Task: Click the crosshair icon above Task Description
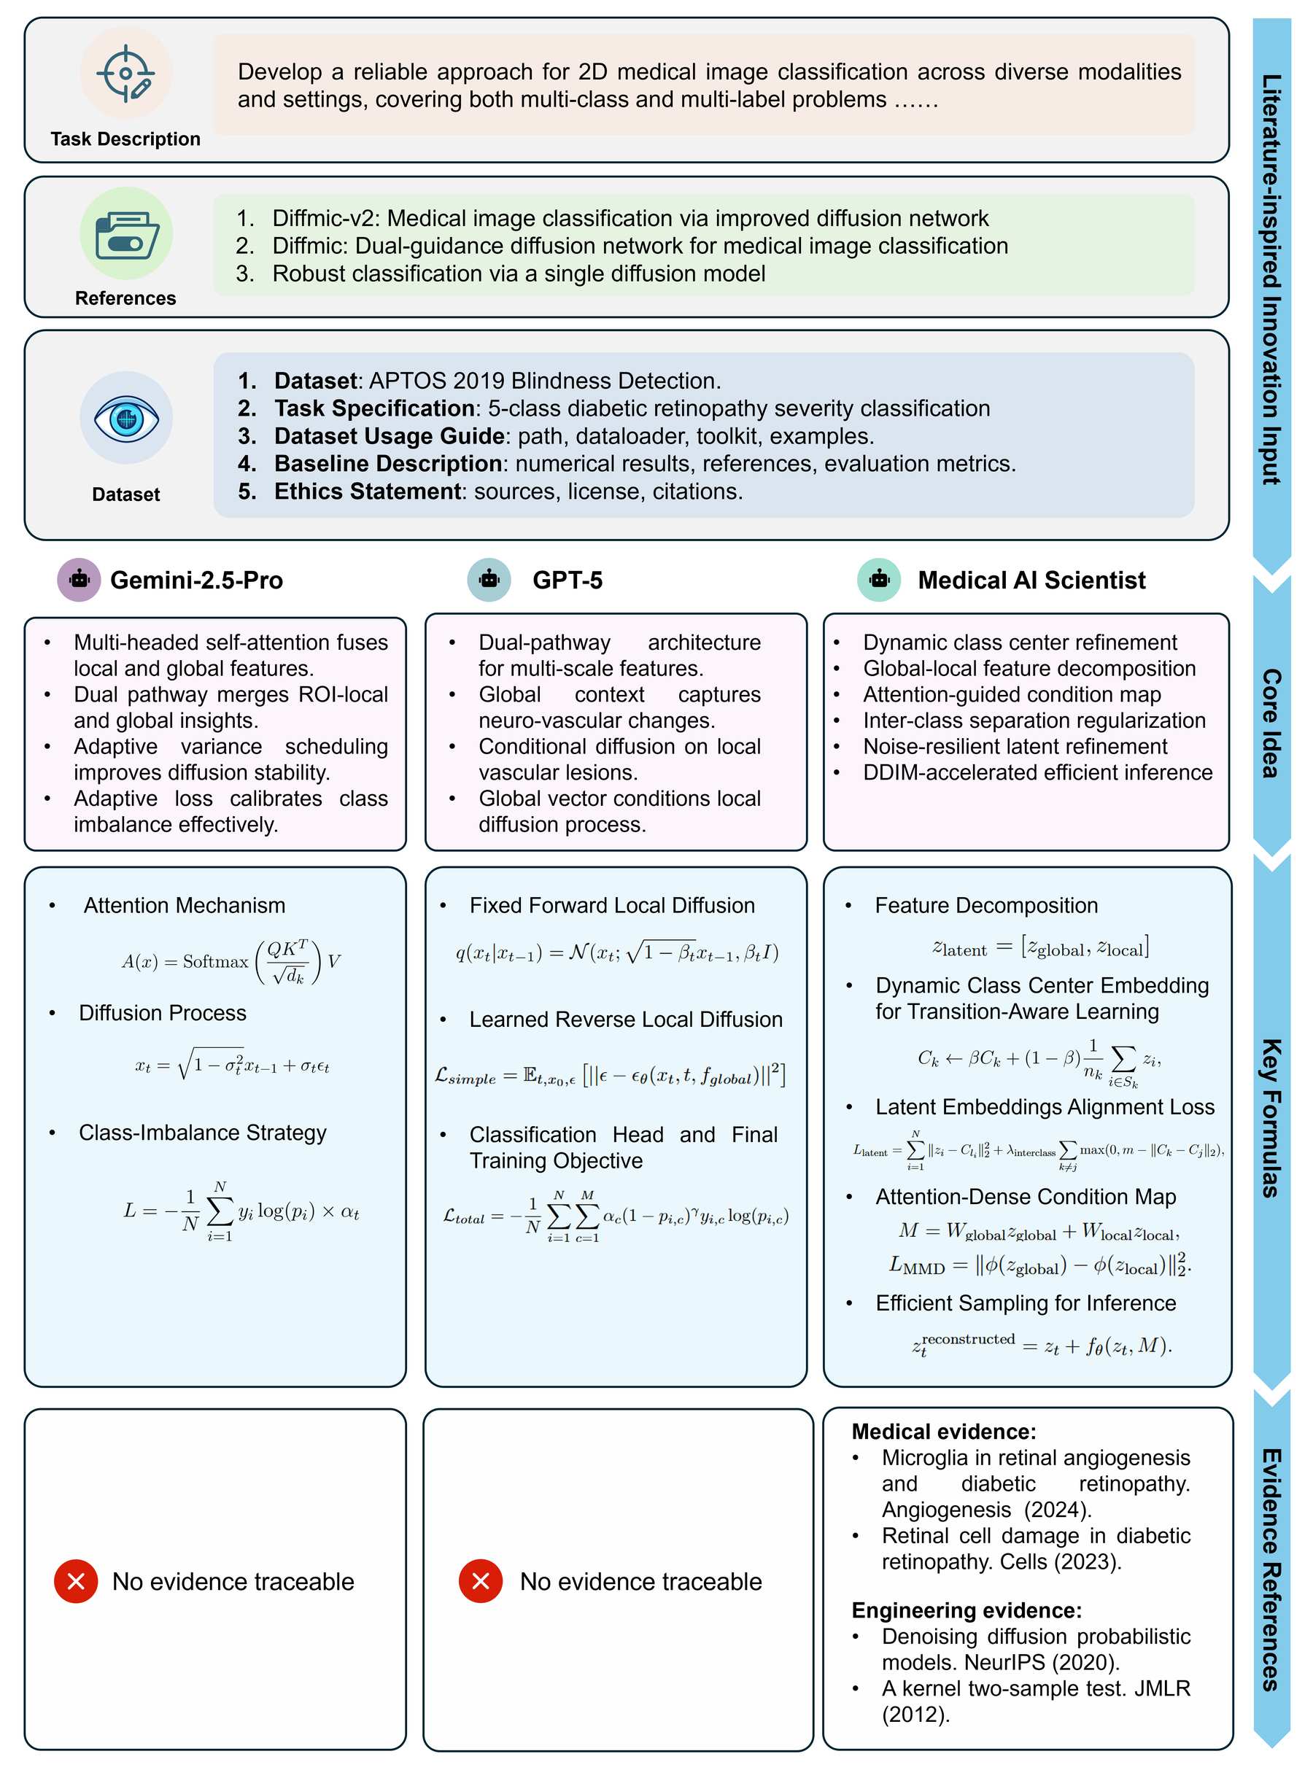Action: point(125,73)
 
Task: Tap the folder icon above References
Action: point(125,234)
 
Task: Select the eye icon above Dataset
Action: point(125,418)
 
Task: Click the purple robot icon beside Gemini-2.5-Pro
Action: point(79,580)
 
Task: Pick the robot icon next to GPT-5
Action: point(489,580)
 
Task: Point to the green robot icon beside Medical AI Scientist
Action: point(878,580)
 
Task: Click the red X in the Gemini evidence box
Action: point(77,1581)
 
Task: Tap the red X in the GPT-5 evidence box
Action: point(481,1581)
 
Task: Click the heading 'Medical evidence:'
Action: point(943,1432)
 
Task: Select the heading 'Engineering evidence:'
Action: point(967,1610)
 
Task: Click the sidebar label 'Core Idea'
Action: point(1271,723)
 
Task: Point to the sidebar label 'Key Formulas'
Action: point(1271,1118)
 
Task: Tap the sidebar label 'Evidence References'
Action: point(1271,1569)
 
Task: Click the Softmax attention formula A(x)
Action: point(231,961)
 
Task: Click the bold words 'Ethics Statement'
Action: point(367,492)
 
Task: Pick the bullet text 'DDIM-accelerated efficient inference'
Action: point(1037,772)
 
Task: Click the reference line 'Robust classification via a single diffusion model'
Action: point(518,274)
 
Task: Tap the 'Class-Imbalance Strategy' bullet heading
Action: point(203,1133)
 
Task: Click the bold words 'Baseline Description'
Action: point(387,464)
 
